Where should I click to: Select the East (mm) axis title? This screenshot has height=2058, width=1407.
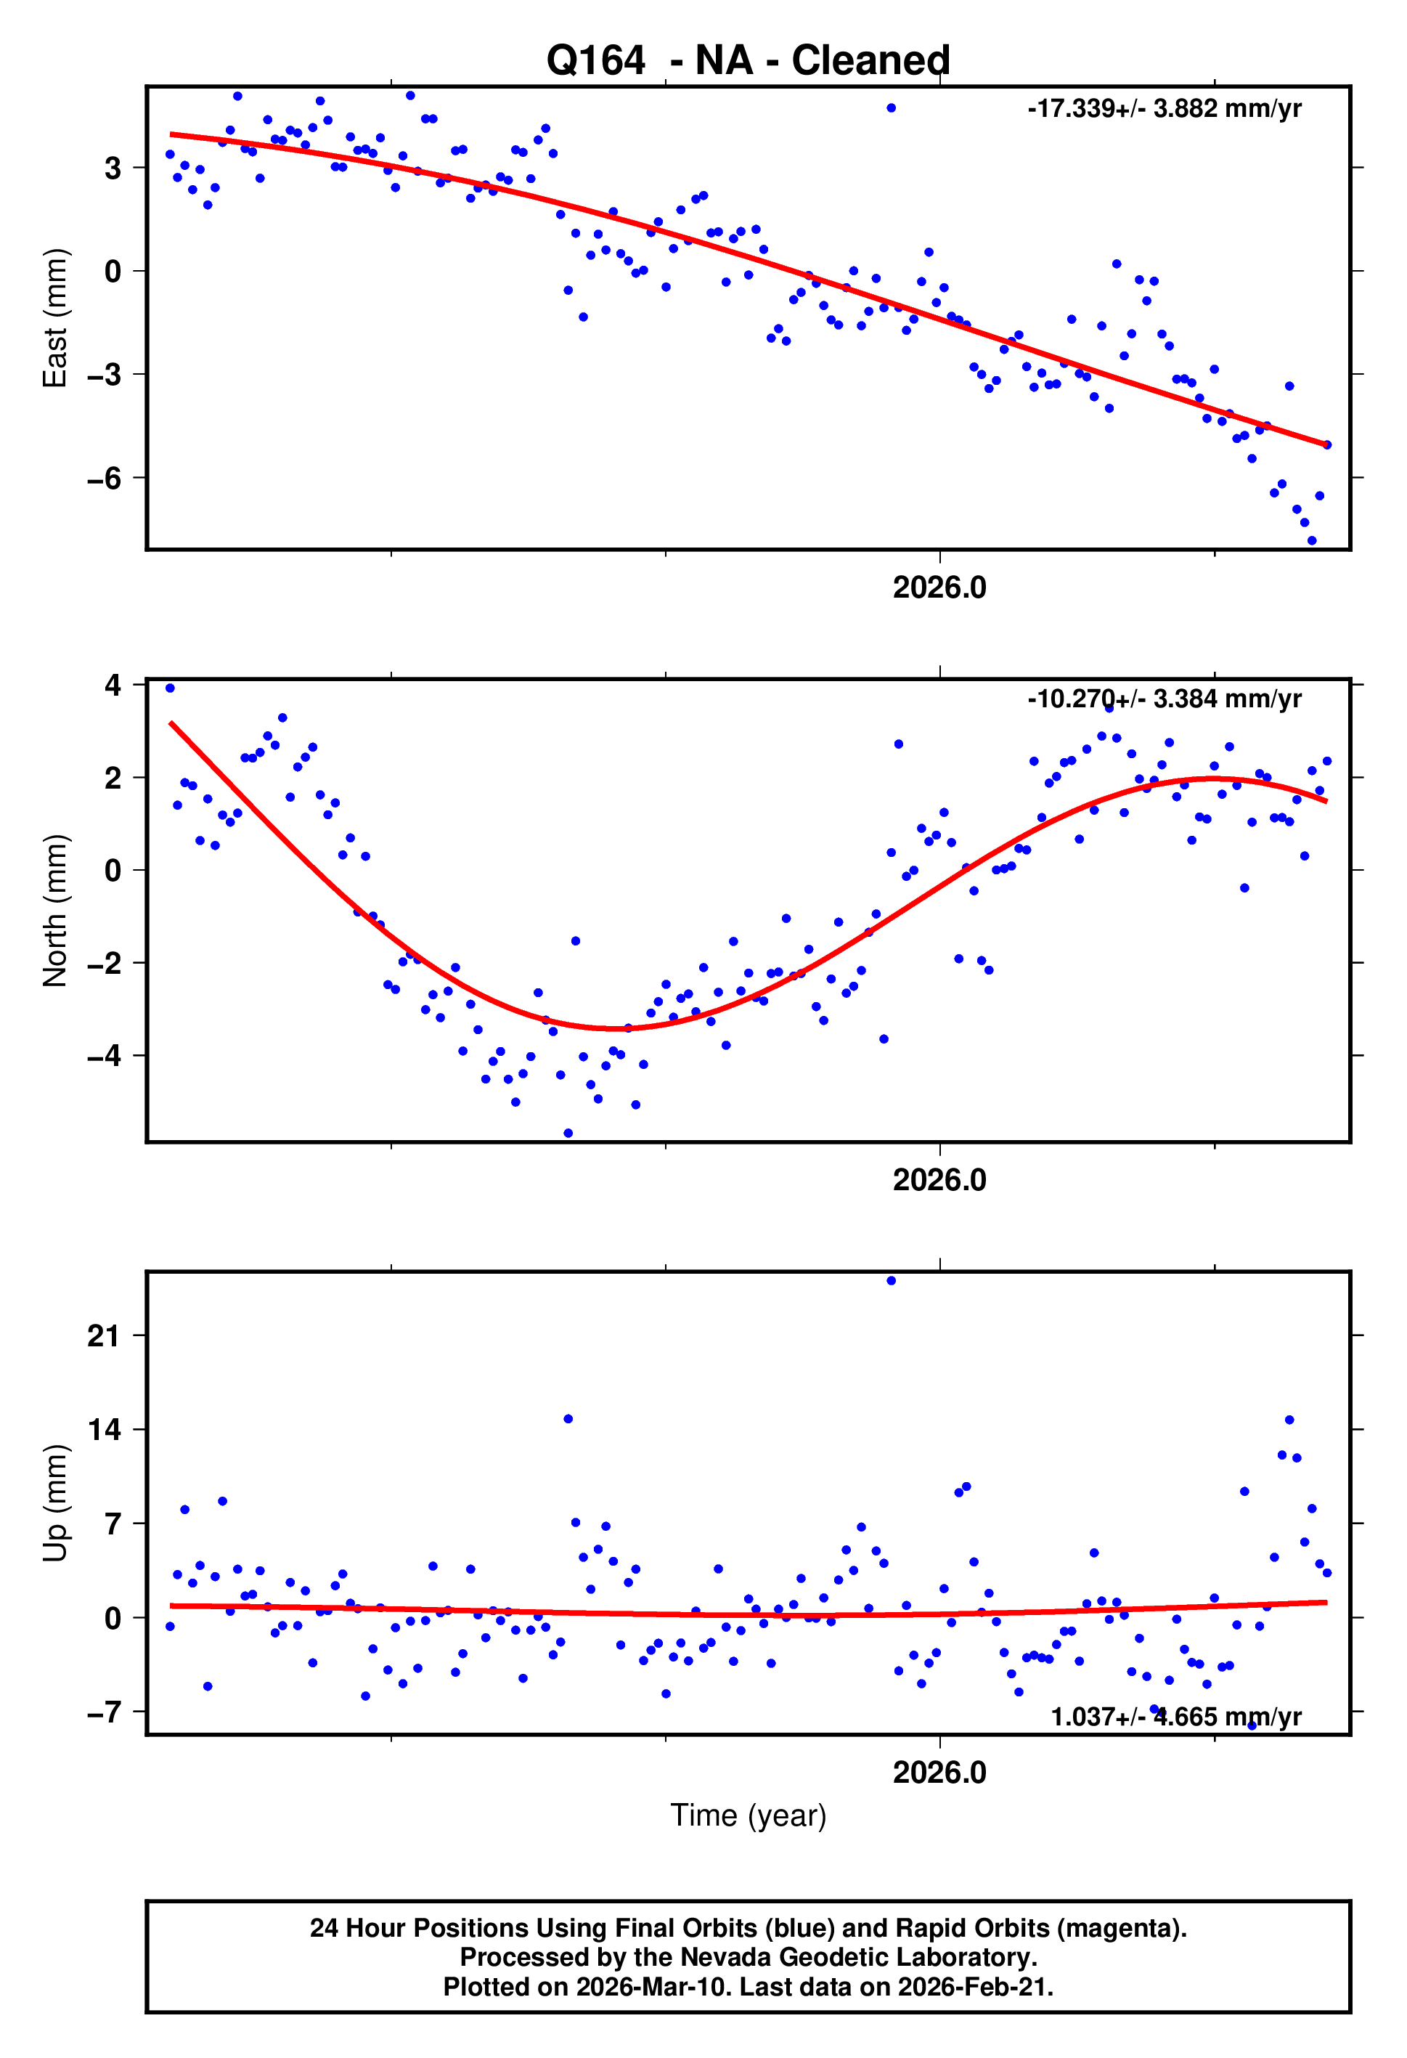55,318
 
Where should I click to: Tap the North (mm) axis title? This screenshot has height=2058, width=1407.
55,911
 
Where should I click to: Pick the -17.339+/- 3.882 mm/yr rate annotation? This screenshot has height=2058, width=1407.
1164,109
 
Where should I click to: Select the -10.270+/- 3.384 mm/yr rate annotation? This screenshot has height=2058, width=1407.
1164,699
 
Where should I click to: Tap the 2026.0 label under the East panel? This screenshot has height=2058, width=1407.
939,588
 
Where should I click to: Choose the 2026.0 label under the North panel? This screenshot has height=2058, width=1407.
939,1181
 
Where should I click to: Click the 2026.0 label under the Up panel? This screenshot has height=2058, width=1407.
939,1773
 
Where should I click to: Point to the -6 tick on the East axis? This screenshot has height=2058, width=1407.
104,479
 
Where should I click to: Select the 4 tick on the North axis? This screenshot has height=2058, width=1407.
113,686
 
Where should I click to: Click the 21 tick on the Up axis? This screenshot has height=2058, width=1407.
104,1335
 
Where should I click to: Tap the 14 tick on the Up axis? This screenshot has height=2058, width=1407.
104,1429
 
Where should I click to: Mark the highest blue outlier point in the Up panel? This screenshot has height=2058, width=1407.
891,1280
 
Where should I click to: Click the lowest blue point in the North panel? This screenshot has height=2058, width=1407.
568,1134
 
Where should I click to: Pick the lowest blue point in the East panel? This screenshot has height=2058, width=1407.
1311,540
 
